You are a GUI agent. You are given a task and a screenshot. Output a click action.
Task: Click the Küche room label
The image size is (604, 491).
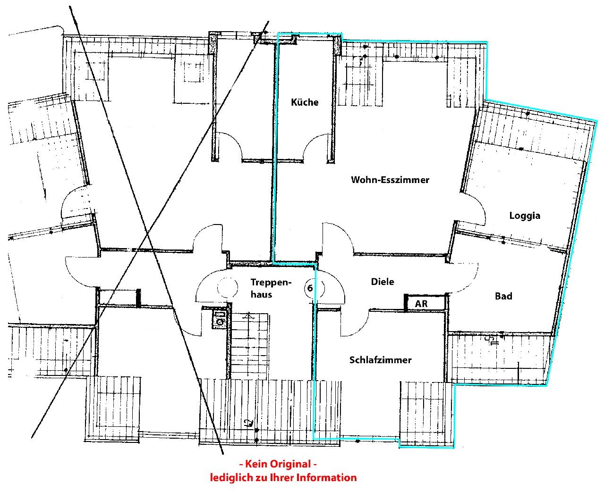pos(305,102)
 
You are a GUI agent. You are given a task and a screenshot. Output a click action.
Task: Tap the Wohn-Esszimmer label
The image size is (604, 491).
pos(390,180)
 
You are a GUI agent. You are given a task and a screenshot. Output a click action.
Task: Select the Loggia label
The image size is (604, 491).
pos(525,216)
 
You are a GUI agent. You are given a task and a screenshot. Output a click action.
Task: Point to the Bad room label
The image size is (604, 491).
pos(503,296)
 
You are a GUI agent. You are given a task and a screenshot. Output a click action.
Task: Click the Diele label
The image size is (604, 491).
pos(383,282)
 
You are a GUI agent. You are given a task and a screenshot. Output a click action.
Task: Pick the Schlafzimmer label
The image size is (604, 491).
pos(380,360)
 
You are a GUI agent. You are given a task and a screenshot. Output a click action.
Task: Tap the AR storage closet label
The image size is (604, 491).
pos(421,304)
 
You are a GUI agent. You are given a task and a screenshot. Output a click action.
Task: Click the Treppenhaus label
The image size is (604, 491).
pos(271,288)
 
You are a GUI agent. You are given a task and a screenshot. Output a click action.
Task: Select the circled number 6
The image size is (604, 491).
pos(310,288)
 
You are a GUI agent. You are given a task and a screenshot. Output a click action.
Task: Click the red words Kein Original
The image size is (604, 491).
pos(278,464)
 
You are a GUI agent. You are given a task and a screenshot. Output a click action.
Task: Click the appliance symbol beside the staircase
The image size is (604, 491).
pos(220,319)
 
